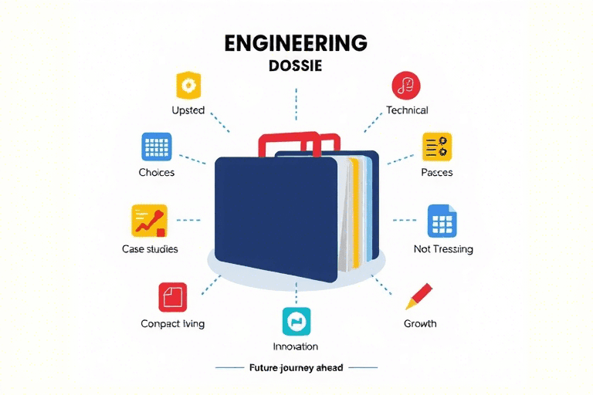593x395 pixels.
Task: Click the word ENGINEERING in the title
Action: pos(296,43)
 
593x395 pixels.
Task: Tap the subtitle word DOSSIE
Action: pos(296,67)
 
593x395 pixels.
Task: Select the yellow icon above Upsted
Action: pos(188,84)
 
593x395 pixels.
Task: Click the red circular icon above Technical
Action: pos(406,84)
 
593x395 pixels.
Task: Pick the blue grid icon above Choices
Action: pos(156,146)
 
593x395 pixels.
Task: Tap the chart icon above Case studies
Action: pos(150,220)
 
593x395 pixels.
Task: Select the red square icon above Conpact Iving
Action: pos(173,297)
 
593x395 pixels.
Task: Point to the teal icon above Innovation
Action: pos(296,320)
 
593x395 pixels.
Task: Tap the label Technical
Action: pos(407,110)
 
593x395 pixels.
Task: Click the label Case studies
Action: pos(150,249)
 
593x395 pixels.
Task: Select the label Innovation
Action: pos(296,346)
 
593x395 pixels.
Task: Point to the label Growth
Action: pos(420,323)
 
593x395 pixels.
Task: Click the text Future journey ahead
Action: pos(296,368)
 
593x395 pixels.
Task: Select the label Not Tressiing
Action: pos(443,249)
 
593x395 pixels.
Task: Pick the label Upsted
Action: pos(188,110)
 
